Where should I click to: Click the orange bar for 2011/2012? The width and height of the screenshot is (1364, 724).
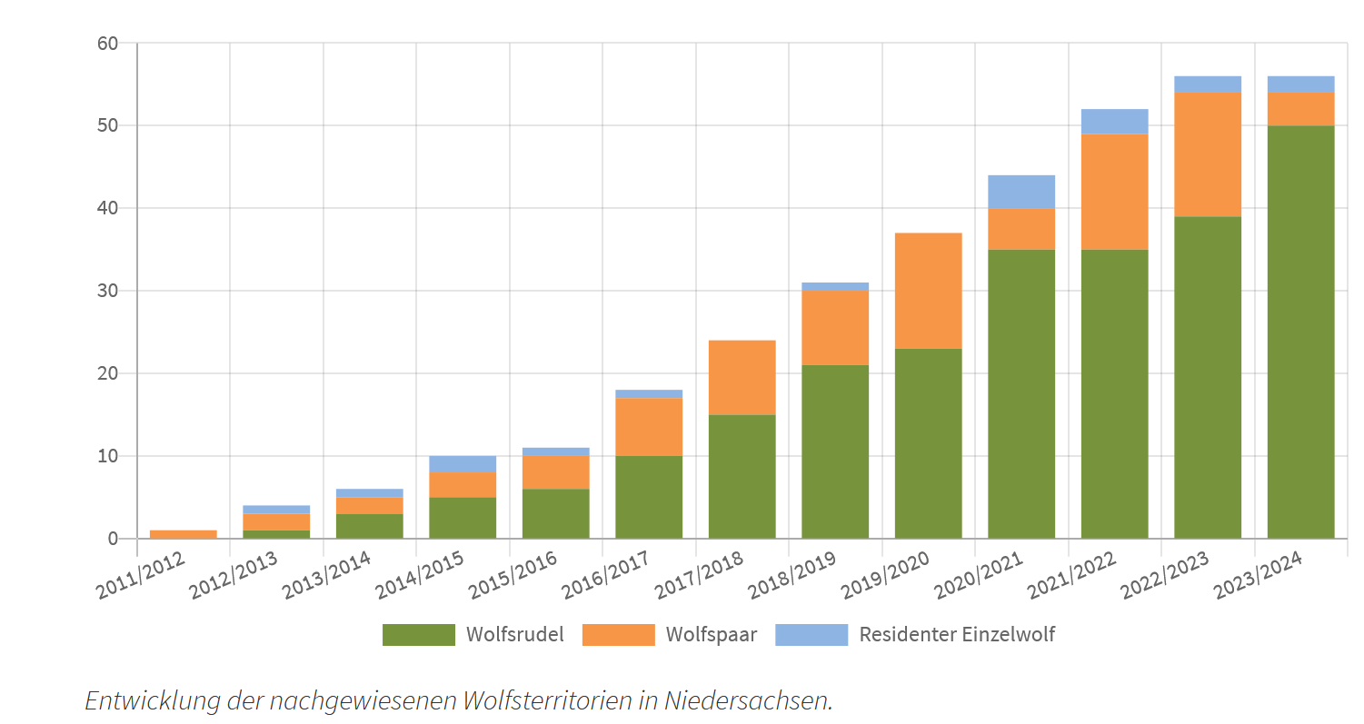(184, 534)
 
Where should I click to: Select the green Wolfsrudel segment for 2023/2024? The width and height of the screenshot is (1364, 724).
(1300, 332)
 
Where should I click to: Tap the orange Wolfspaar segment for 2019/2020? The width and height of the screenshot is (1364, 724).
(928, 291)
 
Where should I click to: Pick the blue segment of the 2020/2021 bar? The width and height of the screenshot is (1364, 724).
(1021, 192)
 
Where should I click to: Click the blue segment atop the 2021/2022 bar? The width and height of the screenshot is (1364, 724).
(1114, 122)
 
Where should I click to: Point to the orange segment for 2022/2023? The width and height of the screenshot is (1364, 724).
(1208, 154)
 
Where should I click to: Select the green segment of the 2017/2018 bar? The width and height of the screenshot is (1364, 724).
(742, 476)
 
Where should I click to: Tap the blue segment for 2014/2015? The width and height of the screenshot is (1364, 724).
(463, 463)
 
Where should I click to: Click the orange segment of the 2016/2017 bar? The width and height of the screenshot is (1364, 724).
(649, 427)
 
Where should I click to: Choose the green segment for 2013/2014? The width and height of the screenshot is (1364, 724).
(369, 526)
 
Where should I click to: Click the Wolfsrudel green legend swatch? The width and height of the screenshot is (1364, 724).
(418, 635)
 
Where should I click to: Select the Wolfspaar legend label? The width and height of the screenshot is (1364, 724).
(711, 635)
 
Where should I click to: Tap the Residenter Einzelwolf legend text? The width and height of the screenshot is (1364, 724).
(957, 635)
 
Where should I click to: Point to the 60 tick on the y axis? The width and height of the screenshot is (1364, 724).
(108, 44)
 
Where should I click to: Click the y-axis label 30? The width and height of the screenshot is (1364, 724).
(108, 291)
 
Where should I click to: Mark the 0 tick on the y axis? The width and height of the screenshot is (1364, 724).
(113, 539)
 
